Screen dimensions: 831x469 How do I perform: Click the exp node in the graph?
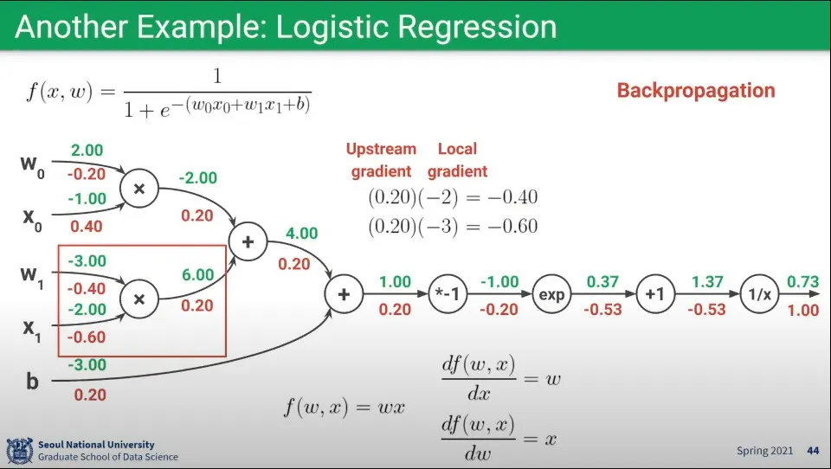551,294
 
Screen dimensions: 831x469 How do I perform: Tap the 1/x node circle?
759,294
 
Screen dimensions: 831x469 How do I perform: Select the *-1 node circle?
448,294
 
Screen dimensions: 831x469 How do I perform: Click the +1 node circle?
655,294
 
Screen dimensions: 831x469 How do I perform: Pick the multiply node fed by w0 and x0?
139,188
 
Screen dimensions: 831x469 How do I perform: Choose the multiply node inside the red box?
139,299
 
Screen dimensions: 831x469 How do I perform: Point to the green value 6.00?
197,274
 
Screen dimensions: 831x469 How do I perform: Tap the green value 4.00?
301,233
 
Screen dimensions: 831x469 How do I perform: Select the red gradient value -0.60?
86,337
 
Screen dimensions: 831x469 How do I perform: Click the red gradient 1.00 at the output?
803,310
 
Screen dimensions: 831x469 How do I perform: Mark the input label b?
32,381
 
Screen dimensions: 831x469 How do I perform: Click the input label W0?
32,165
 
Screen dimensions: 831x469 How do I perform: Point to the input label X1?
32,330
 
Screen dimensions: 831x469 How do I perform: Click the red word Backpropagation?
696,91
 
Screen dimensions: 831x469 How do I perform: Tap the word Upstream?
381,150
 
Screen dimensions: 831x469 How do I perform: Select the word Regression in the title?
477,27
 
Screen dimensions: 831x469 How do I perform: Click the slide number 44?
813,451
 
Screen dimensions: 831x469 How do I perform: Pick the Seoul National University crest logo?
20,451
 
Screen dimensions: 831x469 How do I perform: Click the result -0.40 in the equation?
512,197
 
